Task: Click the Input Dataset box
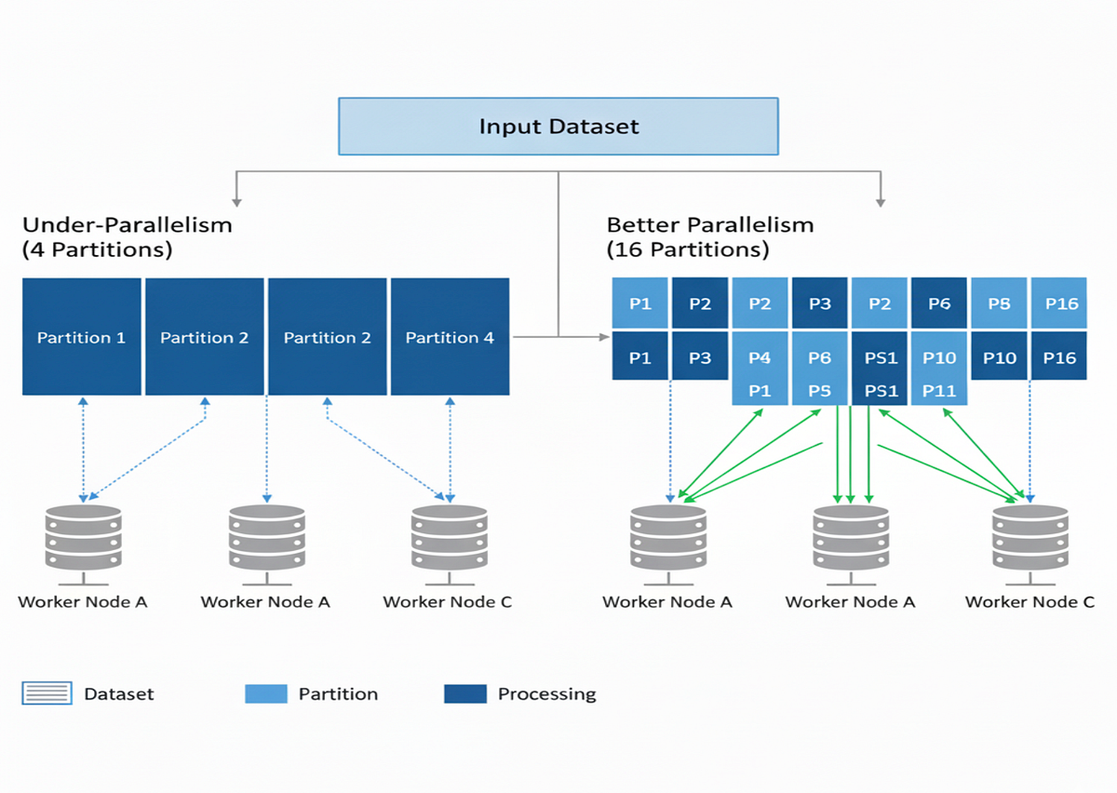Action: click(558, 126)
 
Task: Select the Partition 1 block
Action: click(82, 337)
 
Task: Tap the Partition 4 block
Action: click(450, 337)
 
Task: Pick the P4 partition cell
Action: click(760, 357)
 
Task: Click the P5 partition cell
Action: click(819, 391)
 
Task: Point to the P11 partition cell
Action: click(939, 391)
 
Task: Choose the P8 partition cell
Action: click(999, 303)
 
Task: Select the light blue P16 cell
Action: click(1059, 303)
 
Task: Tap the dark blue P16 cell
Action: click(1059, 357)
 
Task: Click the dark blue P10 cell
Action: click(999, 357)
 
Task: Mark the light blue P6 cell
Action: click(819, 357)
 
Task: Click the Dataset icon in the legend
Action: click(47, 693)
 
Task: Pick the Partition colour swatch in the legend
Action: click(266, 693)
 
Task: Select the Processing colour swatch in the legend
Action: click(465, 693)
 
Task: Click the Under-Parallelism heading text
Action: click(128, 224)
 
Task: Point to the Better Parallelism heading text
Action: click(710, 224)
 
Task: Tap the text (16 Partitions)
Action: click(688, 249)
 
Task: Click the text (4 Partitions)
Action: click(98, 249)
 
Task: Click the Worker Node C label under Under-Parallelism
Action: click(448, 601)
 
